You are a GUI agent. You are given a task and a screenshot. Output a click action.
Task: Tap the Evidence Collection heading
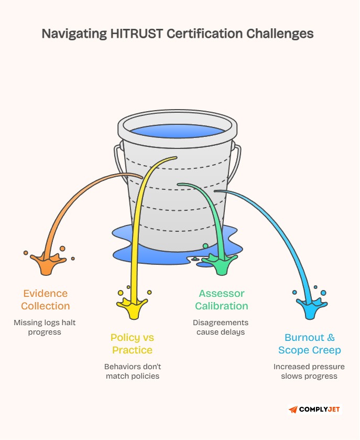click(46, 299)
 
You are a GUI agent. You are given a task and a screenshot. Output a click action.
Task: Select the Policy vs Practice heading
click(132, 344)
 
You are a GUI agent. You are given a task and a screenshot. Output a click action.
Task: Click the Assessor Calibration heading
click(222, 299)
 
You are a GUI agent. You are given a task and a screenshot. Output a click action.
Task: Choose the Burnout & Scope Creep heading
click(309, 344)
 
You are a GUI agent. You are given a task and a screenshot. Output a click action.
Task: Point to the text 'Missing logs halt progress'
click(46, 327)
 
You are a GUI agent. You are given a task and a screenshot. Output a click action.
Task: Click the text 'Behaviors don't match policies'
click(132, 371)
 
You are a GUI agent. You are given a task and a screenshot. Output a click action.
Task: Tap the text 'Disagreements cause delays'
click(221, 327)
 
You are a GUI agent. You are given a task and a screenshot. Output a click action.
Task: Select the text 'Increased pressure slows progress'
click(309, 371)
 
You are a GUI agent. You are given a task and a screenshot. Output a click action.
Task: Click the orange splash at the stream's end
click(47, 263)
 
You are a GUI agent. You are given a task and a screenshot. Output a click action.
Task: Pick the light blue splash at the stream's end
click(310, 307)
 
